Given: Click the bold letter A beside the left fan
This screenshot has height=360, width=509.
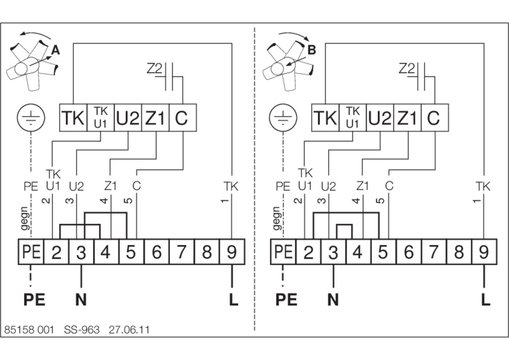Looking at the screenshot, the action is click(x=55, y=50).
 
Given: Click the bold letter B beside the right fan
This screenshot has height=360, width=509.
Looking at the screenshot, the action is click(x=311, y=50).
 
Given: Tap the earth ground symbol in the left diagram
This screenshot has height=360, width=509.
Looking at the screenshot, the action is click(x=31, y=118).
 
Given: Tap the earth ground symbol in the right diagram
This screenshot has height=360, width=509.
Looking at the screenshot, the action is click(x=283, y=118).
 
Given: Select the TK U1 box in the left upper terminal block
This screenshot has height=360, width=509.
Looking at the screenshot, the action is click(x=101, y=118).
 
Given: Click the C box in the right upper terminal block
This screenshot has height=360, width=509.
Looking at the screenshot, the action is click(x=435, y=118).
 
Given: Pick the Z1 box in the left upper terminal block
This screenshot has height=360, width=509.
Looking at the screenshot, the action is click(x=155, y=118).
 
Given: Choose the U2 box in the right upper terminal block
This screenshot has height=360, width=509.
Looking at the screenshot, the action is click(x=380, y=118).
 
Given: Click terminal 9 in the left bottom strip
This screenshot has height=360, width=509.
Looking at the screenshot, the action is click(x=232, y=252).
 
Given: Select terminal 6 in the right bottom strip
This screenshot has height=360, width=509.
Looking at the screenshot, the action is click(x=409, y=252).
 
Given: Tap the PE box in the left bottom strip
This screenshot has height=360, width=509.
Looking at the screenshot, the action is click(x=31, y=252).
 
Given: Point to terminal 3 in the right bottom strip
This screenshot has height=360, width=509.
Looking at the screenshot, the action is click(x=333, y=252).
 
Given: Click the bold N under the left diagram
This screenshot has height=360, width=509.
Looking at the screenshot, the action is click(x=81, y=299).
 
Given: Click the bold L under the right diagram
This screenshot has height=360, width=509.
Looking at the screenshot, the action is click(x=485, y=299).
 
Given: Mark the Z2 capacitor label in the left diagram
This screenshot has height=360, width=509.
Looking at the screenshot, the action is click(x=154, y=69).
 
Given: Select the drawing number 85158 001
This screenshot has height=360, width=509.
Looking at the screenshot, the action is click(x=29, y=330).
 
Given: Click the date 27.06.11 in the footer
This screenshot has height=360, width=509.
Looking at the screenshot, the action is click(x=129, y=330).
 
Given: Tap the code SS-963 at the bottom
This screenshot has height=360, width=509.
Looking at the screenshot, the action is click(x=81, y=330).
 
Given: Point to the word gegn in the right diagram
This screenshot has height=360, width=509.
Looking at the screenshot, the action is click(x=276, y=218).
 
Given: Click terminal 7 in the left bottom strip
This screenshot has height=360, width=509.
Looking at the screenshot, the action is click(x=182, y=252).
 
